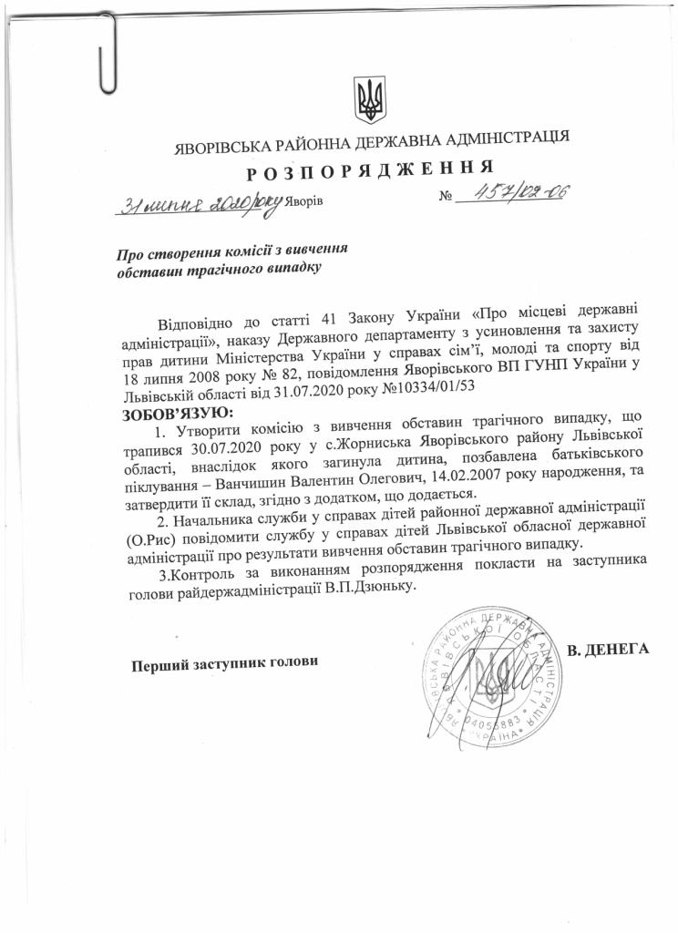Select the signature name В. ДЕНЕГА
[607, 650]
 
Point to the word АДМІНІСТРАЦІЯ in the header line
[494, 139]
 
